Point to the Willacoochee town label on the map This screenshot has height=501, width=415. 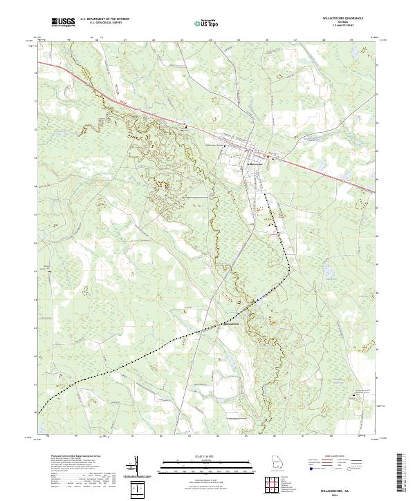pyautogui.click(x=254, y=163)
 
